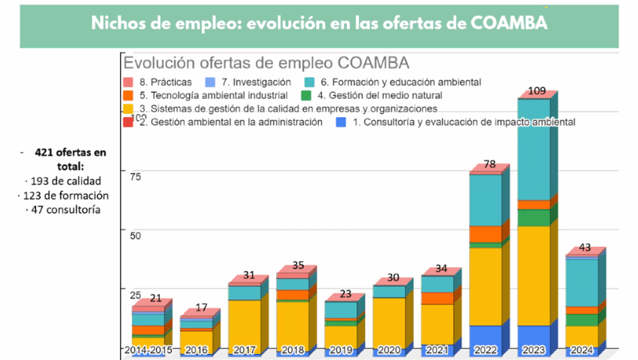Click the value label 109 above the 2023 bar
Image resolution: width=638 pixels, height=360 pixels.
tap(537, 91)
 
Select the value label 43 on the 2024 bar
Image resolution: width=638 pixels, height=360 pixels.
tap(585, 248)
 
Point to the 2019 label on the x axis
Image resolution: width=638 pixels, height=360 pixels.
tap(342, 350)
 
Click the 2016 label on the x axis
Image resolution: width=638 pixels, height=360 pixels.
tap(196, 350)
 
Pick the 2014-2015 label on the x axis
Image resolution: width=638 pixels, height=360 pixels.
tap(148, 350)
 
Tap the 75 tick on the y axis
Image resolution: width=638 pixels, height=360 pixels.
tap(136, 177)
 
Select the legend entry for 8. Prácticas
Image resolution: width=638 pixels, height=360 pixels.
tap(164, 82)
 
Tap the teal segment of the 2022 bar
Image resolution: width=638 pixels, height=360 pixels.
tap(486, 199)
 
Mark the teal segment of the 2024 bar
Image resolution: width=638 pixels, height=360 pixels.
tap(582, 282)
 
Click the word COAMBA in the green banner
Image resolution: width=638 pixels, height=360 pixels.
tap(510, 23)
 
